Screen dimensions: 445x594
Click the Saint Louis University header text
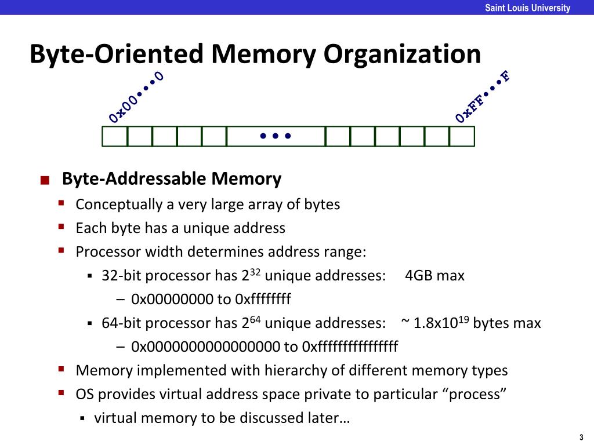click(x=527, y=8)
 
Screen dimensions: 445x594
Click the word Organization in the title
click(x=402, y=54)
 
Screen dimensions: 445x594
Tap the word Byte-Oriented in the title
click(x=116, y=54)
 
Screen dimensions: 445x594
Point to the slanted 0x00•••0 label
click(x=136, y=97)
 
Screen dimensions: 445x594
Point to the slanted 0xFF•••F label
click(x=483, y=97)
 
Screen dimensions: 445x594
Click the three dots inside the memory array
click(x=275, y=137)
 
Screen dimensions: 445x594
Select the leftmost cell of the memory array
click(x=115, y=136)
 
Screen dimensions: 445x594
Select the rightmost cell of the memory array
click(x=462, y=136)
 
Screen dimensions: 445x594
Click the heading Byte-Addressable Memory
click(x=172, y=178)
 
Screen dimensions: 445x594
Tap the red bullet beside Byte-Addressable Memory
click(x=45, y=180)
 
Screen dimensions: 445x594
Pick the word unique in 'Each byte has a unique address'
click(x=207, y=228)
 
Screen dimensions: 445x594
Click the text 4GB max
click(x=435, y=275)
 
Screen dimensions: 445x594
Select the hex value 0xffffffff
click(x=263, y=299)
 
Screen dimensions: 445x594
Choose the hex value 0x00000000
click(x=172, y=299)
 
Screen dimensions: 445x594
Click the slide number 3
click(x=581, y=437)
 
